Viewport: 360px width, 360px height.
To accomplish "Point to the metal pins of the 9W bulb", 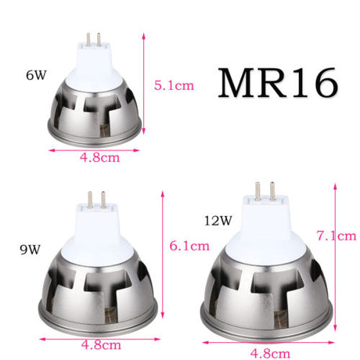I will pos(98,196).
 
